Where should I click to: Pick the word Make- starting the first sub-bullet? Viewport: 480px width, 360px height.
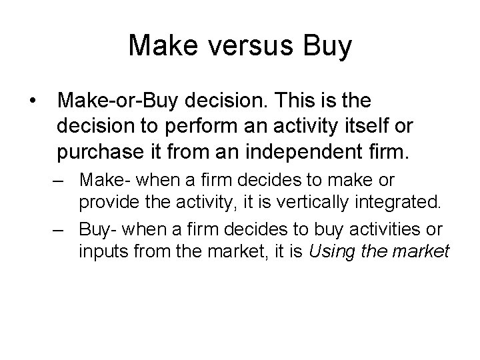click(x=99, y=180)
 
